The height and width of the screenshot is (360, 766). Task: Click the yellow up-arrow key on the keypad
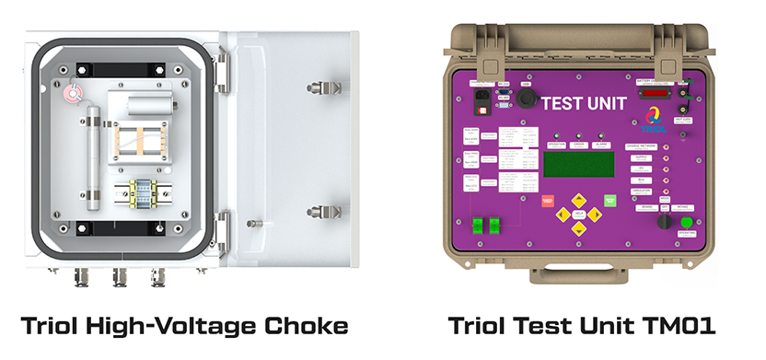pyautogui.click(x=578, y=198)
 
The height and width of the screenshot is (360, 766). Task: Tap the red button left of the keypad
pyautogui.click(x=547, y=200)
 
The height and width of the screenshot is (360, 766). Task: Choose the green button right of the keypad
pyautogui.click(x=609, y=199)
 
